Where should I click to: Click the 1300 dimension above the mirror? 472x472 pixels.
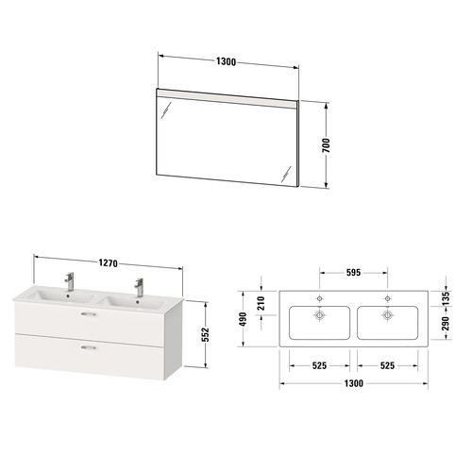click(x=226, y=61)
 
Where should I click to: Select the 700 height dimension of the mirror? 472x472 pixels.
click(x=327, y=145)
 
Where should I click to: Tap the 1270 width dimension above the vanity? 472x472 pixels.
click(x=108, y=262)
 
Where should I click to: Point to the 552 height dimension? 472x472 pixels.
click(x=205, y=335)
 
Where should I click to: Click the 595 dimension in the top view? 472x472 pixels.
click(x=353, y=273)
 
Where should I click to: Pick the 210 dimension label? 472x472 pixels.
click(x=261, y=303)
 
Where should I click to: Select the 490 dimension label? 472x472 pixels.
click(x=243, y=319)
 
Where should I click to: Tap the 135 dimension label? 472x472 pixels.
click(x=446, y=298)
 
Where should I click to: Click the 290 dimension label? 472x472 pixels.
click(x=446, y=324)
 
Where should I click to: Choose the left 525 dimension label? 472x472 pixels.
click(x=319, y=365)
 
